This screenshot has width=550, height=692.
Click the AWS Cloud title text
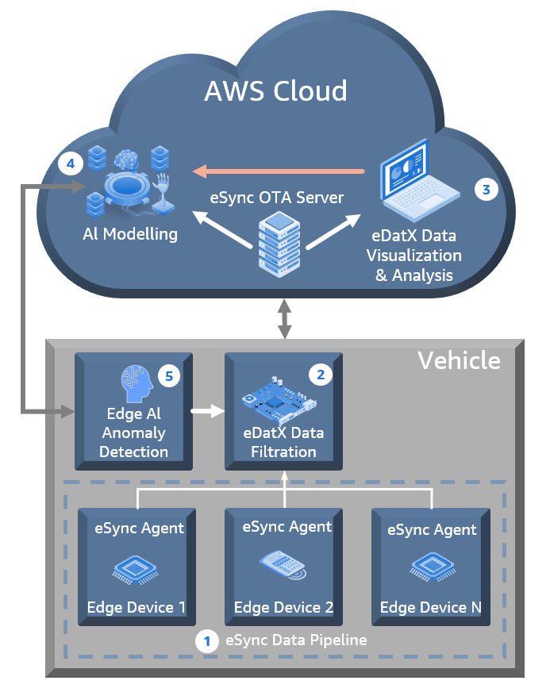tap(275, 90)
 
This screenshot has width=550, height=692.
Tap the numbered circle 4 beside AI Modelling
tap(71, 164)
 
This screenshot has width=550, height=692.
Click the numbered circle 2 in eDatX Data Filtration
tap(319, 374)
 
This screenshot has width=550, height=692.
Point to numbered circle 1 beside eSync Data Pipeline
tap(207, 640)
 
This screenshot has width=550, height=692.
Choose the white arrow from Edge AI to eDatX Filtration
tap(204, 412)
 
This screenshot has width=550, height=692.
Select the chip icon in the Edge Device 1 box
tap(136, 567)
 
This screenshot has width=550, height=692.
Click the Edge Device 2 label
tap(283, 608)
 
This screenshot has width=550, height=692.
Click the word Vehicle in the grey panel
tap(459, 361)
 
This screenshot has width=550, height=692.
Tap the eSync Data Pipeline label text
tap(296, 640)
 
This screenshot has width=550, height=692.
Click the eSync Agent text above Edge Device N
tap(432, 529)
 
